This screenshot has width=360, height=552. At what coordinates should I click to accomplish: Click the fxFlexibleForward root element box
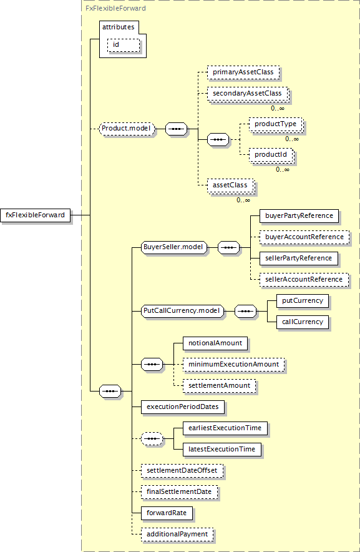(x=35, y=215)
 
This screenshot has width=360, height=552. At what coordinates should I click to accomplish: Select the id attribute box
(x=124, y=45)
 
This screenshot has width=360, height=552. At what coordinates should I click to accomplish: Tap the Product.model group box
(x=127, y=129)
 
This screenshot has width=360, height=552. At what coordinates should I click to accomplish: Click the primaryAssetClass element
(x=243, y=72)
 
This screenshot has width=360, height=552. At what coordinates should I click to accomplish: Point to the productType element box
(x=276, y=124)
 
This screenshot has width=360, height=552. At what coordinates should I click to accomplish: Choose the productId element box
(x=271, y=155)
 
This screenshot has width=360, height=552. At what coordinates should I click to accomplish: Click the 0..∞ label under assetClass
(x=243, y=200)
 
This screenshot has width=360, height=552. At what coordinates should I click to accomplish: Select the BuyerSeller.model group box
(x=174, y=247)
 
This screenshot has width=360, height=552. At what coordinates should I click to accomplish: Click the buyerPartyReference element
(x=299, y=216)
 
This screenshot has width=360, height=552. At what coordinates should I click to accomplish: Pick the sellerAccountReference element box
(x=304, y=280)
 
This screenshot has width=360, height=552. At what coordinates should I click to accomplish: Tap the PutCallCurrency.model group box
(x=182, y=311)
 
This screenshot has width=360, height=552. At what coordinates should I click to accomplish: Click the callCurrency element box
(x=303, y=322)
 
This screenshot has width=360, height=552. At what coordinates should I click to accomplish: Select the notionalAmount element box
(x=215, y=343)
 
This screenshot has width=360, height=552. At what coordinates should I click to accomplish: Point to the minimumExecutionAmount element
(x=234, y=365)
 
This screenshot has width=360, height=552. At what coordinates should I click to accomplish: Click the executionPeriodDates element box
(x=183, y=407)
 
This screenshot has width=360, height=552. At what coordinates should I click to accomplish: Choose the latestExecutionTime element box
(x=222, y=450)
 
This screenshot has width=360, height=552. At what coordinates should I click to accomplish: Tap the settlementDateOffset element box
(x=182, y=471)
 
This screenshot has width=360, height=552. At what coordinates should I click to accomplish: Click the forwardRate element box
(x=167, y=513)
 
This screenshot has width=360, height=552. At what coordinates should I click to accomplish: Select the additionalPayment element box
(x=177, y=535)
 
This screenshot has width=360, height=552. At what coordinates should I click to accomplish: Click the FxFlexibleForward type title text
(x=116, y=8)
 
